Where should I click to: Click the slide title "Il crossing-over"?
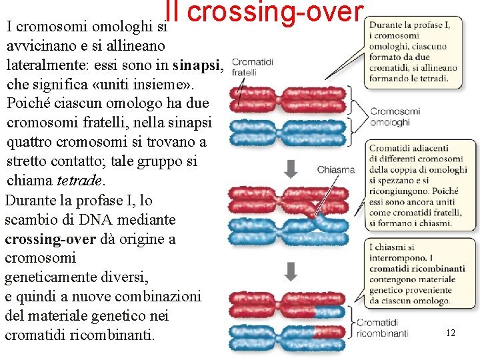pos(265,13)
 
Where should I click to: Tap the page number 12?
pos(451,332)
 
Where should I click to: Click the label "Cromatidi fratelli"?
pos(252,67)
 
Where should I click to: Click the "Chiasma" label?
pos(335,170)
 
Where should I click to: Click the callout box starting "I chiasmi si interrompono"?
pos(418,274)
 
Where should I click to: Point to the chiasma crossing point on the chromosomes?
pos(314,217)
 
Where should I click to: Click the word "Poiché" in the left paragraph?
pos(26,104)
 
